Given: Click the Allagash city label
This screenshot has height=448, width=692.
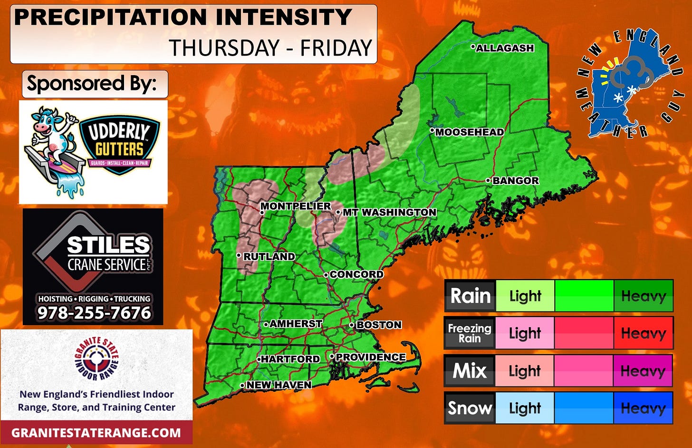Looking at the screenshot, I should (x=505, y=48).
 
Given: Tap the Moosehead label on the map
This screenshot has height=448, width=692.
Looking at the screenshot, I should (x=469, y=132).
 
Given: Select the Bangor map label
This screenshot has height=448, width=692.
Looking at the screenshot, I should (x=515, y=181).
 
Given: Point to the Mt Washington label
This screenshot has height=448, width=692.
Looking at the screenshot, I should (x=389, y=213).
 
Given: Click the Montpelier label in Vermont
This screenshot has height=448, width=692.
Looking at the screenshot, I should (x=295, y=206).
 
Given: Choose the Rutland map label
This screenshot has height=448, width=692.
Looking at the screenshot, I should (x=269, y=256).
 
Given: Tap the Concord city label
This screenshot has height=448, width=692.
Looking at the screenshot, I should (x=356, y=274).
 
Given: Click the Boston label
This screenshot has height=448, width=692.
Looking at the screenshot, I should (x=379, y=325).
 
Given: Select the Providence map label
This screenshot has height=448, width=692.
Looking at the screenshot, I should (x=370, y=357).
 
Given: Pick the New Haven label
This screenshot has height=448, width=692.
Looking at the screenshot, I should (x=279, y=385).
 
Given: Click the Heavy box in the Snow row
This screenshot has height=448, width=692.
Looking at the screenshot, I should (x=643, y=408).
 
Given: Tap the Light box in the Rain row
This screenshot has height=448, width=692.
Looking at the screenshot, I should (x=525, y=296).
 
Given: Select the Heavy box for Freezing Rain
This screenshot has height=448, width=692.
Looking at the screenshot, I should (x=643, y=333).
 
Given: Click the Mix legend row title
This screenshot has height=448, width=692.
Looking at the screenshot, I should (x=470, y=370).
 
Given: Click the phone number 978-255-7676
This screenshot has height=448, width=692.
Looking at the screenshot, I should (x=94, y=313).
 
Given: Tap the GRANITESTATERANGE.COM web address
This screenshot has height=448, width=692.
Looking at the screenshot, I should (x=96, y=433).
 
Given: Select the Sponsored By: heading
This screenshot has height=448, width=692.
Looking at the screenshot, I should (x=92, y=84).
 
